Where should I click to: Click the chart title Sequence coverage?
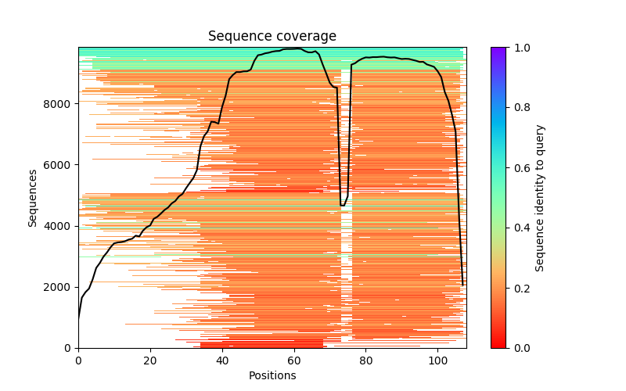[272, 36]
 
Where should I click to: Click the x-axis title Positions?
[272, 375]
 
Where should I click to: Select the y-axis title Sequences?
[33, 197]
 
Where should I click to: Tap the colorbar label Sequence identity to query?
[540, 197]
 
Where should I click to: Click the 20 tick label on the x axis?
[150, 361]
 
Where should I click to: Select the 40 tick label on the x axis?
[222, 361]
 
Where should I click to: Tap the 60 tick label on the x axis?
[294, 361]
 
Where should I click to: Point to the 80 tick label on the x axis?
[366, 361]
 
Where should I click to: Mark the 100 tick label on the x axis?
[438, 361]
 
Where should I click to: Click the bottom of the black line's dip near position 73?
[342, 206]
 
